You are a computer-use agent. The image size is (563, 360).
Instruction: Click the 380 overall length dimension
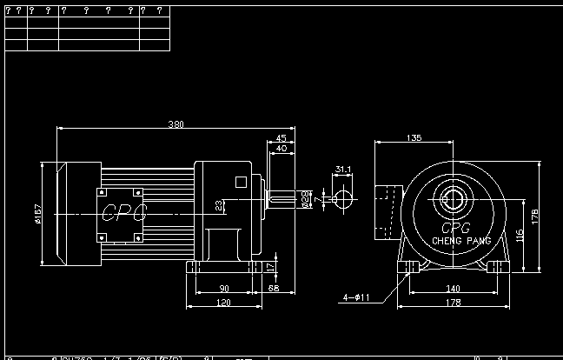(176, 124)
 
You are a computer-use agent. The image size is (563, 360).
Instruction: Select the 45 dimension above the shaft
(281, 138)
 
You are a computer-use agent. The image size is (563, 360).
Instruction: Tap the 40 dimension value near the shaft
(281, 149)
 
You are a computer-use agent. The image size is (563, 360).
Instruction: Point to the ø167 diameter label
(38, 213)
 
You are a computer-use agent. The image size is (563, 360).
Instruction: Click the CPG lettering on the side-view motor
(124, 211)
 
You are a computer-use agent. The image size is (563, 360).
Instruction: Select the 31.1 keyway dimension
(343, 170)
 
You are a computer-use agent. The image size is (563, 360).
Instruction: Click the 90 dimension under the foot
(223, 288)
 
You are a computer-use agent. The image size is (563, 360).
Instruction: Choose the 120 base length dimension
(223, 303)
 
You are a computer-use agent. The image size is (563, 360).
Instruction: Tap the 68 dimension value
(274, 288)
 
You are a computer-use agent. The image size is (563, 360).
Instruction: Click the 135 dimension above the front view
(414, 138)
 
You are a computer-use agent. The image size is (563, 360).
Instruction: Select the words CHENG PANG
(461, 241)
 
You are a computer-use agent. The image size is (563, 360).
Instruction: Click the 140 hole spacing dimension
(453, 288)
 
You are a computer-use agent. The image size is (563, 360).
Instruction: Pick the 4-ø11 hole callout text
(356, 297)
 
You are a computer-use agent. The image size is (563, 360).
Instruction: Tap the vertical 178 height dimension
(534, 215)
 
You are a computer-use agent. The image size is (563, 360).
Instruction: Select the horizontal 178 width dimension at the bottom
(453, 303)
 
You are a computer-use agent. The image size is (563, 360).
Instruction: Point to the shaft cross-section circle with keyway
(342, 199)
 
